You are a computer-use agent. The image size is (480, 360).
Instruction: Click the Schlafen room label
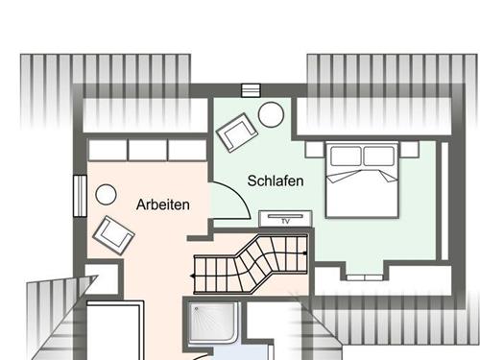(x=276, y=180)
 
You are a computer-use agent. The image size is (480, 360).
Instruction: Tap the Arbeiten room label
(x=163, y=204)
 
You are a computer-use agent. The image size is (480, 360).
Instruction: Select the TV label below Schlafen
(x=285, y=221)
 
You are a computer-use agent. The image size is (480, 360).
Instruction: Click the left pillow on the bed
(x=345, y=156)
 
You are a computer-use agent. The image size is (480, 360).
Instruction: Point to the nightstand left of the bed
(x=315, y=150)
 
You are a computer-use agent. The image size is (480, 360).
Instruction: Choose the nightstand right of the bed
(x=409, y=150)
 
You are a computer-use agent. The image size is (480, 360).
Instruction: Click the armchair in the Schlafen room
(x=236, y=132)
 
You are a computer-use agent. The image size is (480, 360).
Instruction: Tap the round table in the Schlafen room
(x=271, y=114)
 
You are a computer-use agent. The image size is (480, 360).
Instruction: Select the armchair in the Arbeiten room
(x=113, y=233)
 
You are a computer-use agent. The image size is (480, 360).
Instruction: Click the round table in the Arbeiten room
(x=106, y=194)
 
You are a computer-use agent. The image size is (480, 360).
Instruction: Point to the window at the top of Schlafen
(x=252, y=90)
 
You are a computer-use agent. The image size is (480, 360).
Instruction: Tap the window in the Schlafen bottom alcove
(x=362, y=275)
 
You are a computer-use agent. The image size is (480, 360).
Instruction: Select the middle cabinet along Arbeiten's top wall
(x=148, y=150)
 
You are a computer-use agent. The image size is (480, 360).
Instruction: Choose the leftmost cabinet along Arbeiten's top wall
(x=108, y=150)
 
